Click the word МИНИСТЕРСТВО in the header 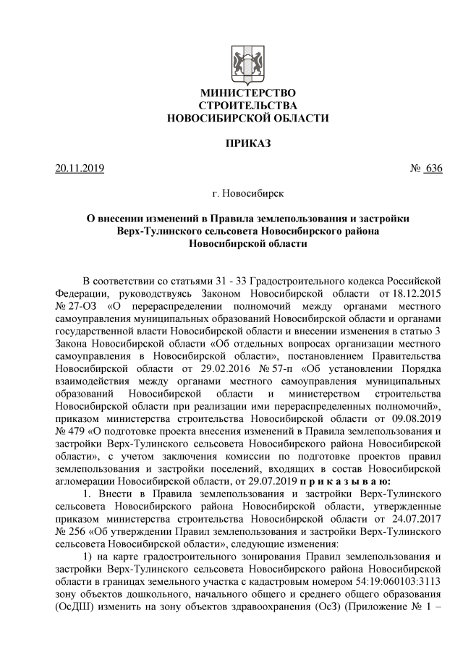click(x=247, y=93)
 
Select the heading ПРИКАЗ click(x=248, y=143)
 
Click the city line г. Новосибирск click(x=248, y=194)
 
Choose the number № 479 click(x=71, y=428)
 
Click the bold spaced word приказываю click(x=345, y=478)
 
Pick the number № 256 click(x=71, y=527)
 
